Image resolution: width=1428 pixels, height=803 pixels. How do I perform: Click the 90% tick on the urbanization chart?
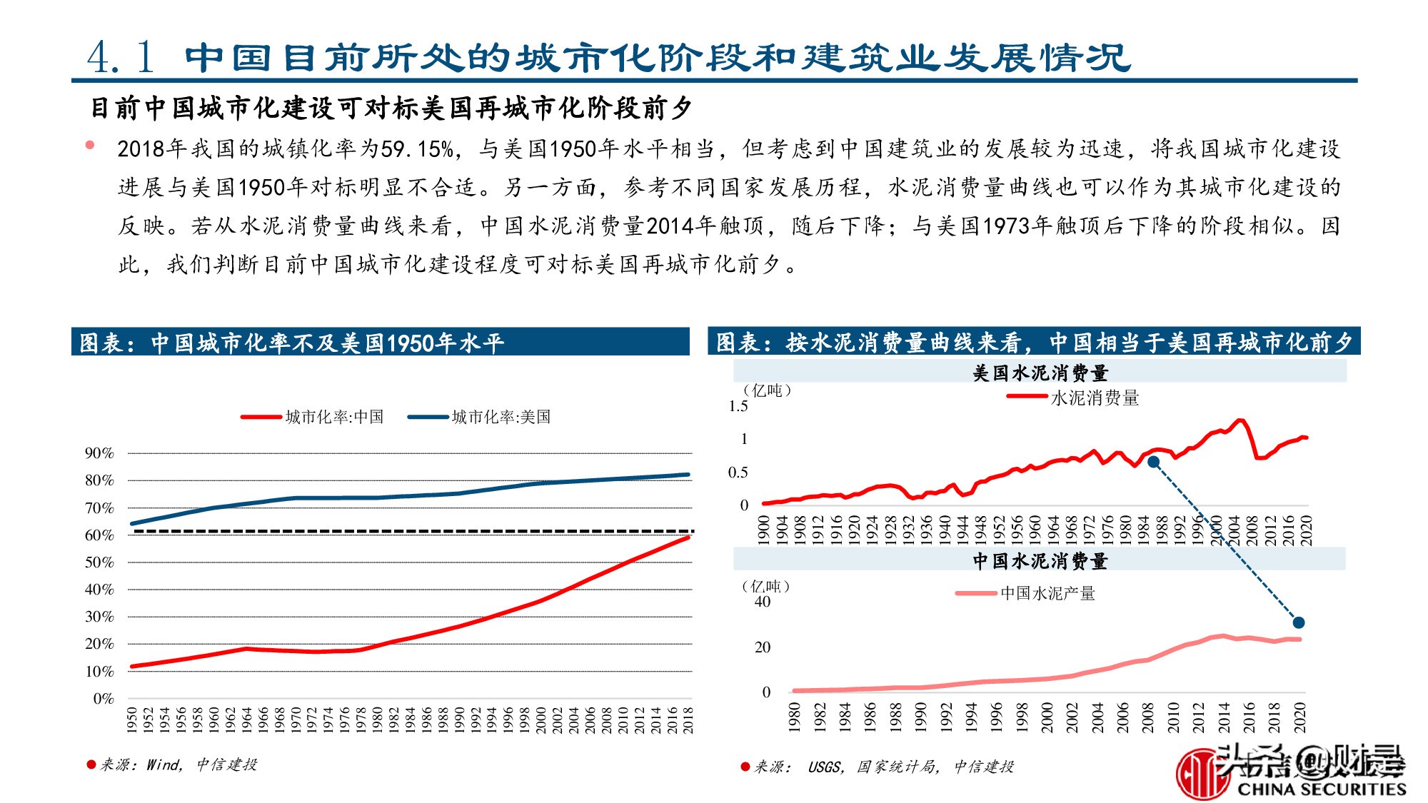(99, 453)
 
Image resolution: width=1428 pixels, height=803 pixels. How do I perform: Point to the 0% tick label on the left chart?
(104, 699)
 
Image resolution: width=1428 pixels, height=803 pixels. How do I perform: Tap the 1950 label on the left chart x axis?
(132, 719)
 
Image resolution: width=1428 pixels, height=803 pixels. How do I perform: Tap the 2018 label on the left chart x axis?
(688, 719)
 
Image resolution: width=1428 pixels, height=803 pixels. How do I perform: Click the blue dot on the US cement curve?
(1153, 462)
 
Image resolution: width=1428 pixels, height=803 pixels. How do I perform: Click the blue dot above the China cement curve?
(1299, 622)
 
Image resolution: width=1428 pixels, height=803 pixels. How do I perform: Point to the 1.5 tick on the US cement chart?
(738, 406)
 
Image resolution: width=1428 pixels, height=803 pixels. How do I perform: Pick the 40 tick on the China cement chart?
(763, 602)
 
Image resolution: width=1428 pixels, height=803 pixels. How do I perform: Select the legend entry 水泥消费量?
(1095, 398)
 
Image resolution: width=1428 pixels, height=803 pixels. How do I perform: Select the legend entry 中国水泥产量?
(1047, 593)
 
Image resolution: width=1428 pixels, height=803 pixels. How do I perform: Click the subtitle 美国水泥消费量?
(1040, 373)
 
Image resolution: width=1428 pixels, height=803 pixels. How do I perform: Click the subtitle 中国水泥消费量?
(1040, 561)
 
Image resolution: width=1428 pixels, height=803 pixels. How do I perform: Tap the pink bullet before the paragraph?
(90, 145)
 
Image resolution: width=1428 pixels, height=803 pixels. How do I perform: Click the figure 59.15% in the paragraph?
(417, 149)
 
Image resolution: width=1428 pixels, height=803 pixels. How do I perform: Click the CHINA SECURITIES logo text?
(1321, 789)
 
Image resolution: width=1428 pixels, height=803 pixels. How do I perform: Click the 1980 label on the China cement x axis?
(794, 717)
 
